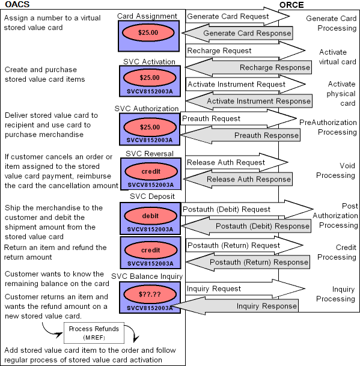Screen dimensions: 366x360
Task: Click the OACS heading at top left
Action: (16, 5)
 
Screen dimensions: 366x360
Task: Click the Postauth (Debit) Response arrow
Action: (252, 226)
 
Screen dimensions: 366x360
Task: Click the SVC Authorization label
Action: (147, 109)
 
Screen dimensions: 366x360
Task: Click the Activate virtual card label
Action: (334, 56)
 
